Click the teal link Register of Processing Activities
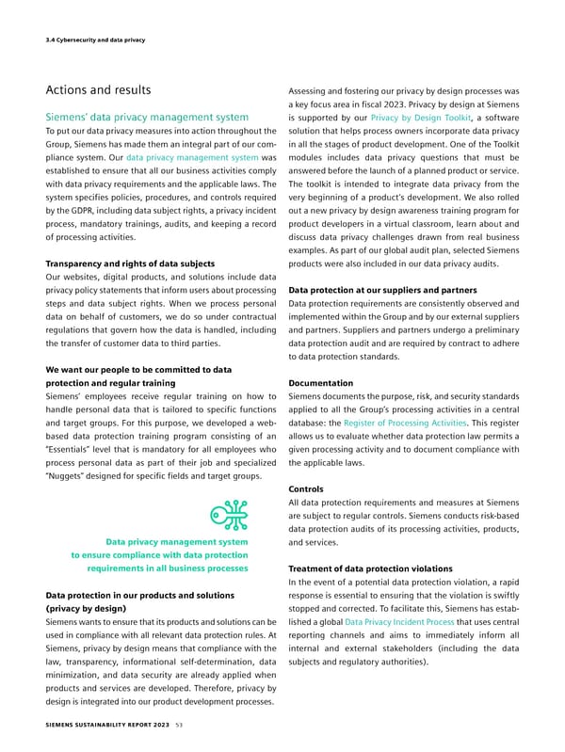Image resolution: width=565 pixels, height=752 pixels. [x=415, y=424]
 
